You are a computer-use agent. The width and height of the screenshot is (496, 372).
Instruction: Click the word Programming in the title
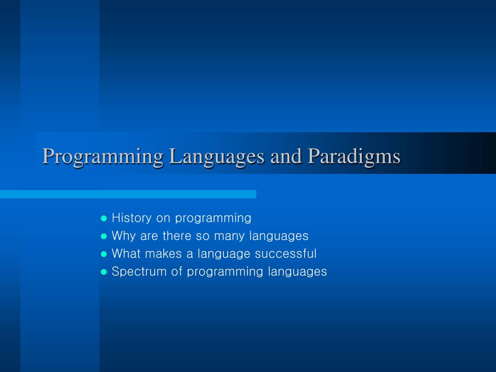pyautogui.click(x=103, y=156)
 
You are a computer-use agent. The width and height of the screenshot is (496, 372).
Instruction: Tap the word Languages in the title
pyautogui.click(x=217, y=156)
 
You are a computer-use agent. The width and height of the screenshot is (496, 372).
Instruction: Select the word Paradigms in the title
pyautogui.click(x=354, y=156)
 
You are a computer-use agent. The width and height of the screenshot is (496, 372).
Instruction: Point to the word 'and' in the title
pyautogui.click(x=286, y=156)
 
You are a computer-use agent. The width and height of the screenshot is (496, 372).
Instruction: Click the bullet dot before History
pyautogui.click(x=104, y=218)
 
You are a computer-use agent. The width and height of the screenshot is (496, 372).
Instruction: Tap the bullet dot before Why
pyautogui.click(x=104, y=236)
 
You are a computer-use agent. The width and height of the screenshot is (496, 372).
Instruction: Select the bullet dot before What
pyautogui.click(x=104, y=254)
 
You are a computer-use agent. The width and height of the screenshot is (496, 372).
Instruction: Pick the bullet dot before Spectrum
pyautogui.click(x=104, y=272)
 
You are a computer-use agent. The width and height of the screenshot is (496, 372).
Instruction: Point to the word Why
pyautogui.click(x=124, y=236)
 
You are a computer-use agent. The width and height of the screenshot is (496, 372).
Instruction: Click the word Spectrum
pyautogui.click(x=139, y=272)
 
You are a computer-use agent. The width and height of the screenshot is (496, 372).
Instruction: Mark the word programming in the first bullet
pyautogui.click(x=213, y=218)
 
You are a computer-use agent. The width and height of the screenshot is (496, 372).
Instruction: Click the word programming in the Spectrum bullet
pyautogui.click(x=225, y=272)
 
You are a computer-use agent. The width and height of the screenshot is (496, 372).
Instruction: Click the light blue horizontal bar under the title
pyautogui.click(x=128, y=194)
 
